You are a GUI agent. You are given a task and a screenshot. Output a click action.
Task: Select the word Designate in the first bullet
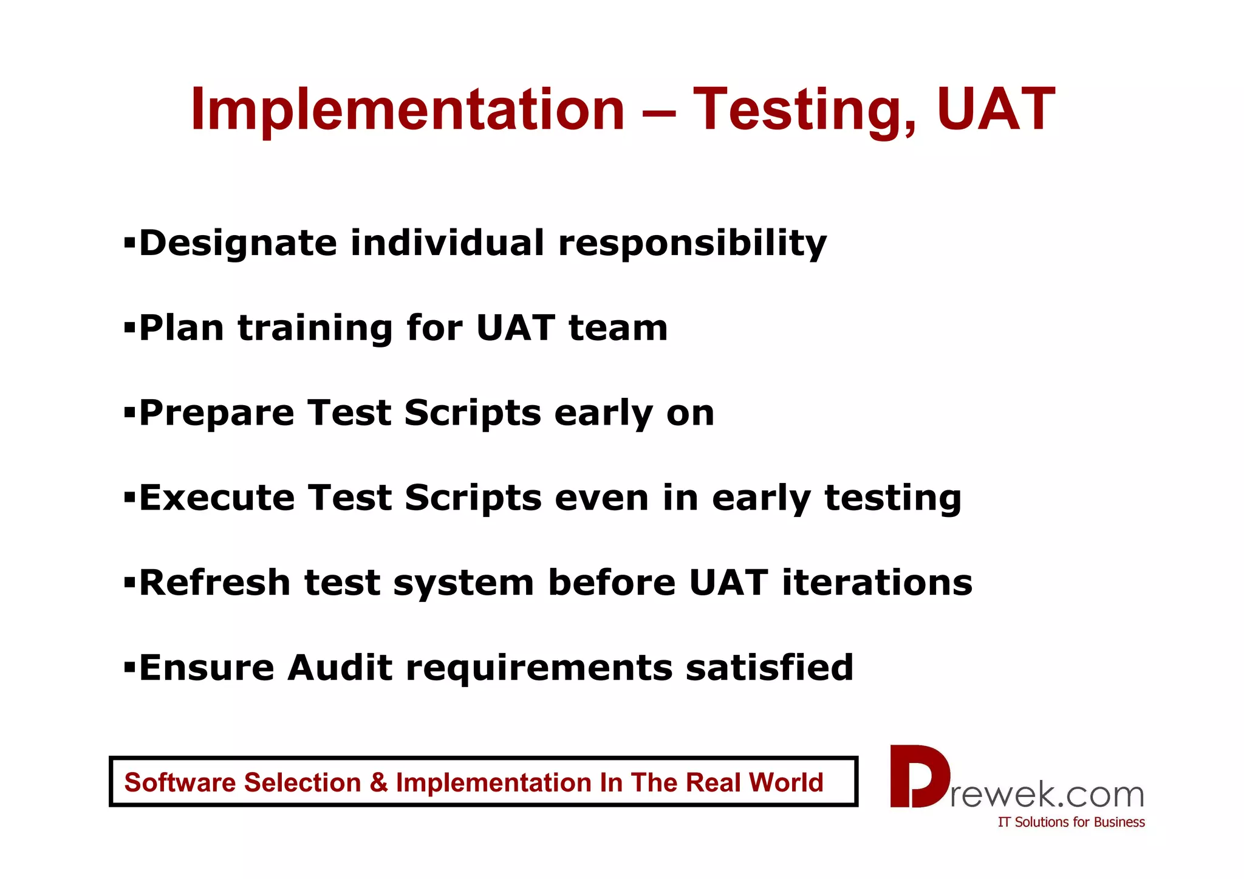coord(238,244)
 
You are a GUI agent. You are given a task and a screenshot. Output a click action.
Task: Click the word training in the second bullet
coord(315,329)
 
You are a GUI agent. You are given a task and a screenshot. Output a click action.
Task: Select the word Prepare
coord(217,414)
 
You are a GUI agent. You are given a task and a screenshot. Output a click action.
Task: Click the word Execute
coord(217,498)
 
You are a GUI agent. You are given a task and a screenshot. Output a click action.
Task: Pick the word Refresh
coord(215,583)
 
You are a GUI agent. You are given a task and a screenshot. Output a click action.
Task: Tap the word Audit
coord(340,668)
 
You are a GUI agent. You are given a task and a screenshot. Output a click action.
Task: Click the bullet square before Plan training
coord(129,328)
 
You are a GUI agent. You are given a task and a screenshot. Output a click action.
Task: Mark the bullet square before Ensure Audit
coord(129,668)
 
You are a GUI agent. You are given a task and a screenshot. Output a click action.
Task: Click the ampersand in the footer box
coord(378,782)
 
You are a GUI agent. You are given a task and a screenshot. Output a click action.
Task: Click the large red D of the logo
coord(918,776)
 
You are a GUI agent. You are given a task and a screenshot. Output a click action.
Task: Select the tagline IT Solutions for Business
coord(1071,822)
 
